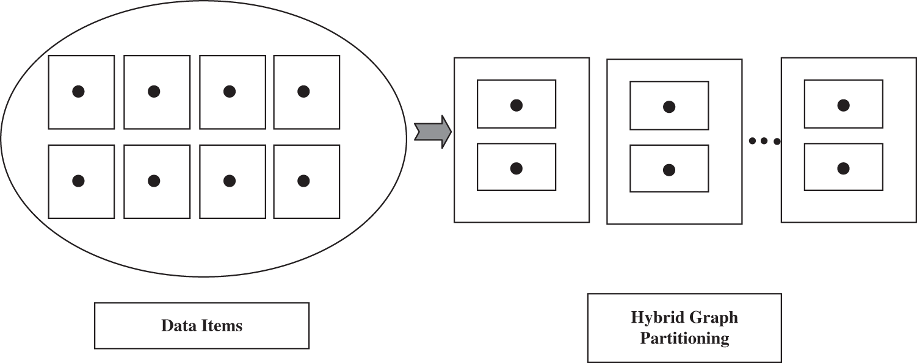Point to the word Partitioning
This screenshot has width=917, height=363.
click(684, 339)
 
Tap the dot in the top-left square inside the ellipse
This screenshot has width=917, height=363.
click(78, 92)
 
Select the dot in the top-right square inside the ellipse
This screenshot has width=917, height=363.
click(303, 92)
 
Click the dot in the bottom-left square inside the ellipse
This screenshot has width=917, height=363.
click(78, 181)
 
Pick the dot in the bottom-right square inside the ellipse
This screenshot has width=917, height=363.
click(303, 181)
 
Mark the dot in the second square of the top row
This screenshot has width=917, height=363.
click(154, 92)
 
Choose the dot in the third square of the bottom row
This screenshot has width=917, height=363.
click(230, 181)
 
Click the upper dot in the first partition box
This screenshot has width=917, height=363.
click(516, 105)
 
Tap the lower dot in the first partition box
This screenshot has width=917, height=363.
click(516, 168)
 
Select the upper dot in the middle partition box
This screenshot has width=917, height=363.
click(669, 107)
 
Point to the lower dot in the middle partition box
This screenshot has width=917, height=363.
click(669, 169)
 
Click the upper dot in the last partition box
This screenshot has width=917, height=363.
click(843, 106)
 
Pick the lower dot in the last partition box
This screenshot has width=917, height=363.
click(843, 168)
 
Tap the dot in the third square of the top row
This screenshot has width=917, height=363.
click(230, 92)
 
